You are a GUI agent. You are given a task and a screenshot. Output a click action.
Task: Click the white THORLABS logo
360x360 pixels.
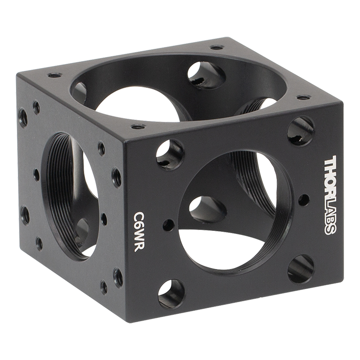point(330,195)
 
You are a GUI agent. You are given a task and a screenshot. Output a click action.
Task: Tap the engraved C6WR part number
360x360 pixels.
point(138,231)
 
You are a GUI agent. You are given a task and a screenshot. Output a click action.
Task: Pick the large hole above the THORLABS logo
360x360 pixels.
point(301,131)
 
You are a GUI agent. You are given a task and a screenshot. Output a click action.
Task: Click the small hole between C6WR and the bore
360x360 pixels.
point(169,225)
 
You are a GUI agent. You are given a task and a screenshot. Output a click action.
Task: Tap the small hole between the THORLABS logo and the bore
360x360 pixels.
point(304,200)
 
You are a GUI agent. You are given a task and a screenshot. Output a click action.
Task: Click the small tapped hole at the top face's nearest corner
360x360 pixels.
point(138,126)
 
